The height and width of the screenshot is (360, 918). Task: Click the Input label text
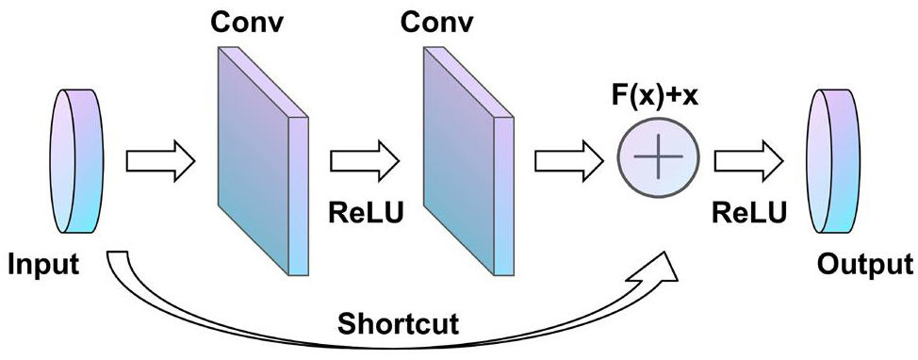pos(43,265)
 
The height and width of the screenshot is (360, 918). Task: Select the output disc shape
pos(834,161)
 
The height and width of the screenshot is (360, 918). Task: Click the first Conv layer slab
pos(262,161)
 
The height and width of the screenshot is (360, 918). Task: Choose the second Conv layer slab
pos(468,161)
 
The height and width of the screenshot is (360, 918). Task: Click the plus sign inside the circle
pos(658,157)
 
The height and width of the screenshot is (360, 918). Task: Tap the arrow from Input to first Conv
pos(160,160)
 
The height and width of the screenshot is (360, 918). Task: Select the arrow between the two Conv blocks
pos(365,160)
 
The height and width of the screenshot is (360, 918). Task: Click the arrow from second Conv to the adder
pos(569,160)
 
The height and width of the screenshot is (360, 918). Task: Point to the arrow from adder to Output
pos(748,160)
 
